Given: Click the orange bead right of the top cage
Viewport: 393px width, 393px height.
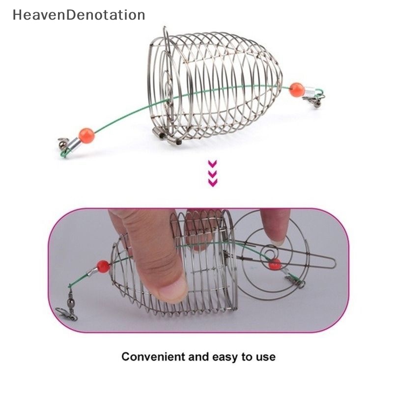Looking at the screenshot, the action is coord(296,90).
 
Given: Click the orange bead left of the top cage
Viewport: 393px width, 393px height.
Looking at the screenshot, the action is coord(86,135).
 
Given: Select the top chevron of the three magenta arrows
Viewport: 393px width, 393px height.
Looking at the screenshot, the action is coord(213,164).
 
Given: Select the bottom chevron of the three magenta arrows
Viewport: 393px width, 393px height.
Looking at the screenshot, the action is coord(213,182).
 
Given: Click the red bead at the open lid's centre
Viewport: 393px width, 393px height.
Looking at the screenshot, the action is coord(275,264).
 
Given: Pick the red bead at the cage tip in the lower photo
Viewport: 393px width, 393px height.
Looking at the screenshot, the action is coord(103,267).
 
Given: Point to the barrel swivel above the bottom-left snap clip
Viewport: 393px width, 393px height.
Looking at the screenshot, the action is coord(71,297).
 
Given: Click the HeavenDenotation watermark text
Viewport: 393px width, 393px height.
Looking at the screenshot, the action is coord(79,15).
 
